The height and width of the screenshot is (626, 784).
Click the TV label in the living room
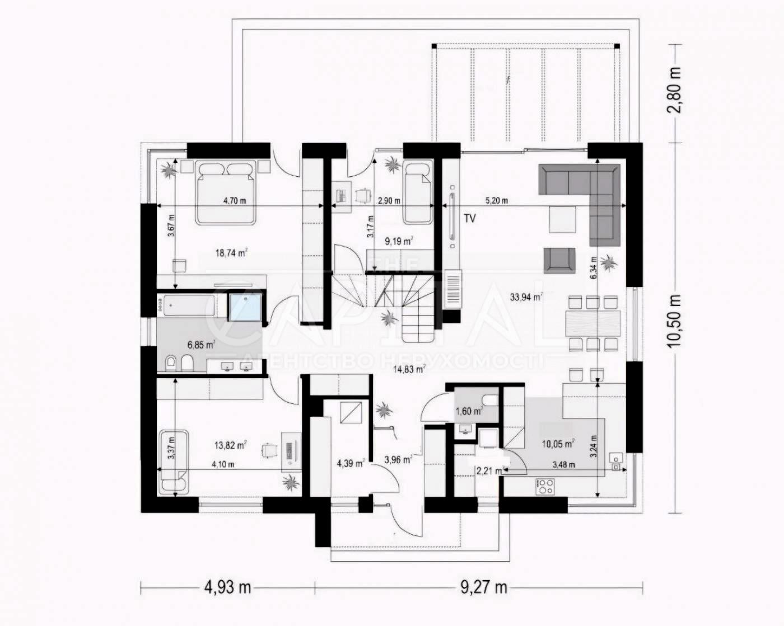(x=469, y=219)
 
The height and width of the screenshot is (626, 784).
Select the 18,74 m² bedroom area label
(x=231, y=253)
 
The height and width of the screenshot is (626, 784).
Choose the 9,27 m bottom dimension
(x=484, y=587)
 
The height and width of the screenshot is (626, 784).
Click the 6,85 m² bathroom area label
(x=200, y=345)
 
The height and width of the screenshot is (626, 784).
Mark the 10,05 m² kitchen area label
(x=557, y=444)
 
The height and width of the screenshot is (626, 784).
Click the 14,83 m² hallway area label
(x=409, y=369)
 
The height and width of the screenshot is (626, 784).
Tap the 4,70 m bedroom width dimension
(x=235, y=201)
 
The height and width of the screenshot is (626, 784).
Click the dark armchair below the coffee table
(x=560, y=261)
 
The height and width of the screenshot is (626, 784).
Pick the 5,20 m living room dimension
(x=496, y=201)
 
